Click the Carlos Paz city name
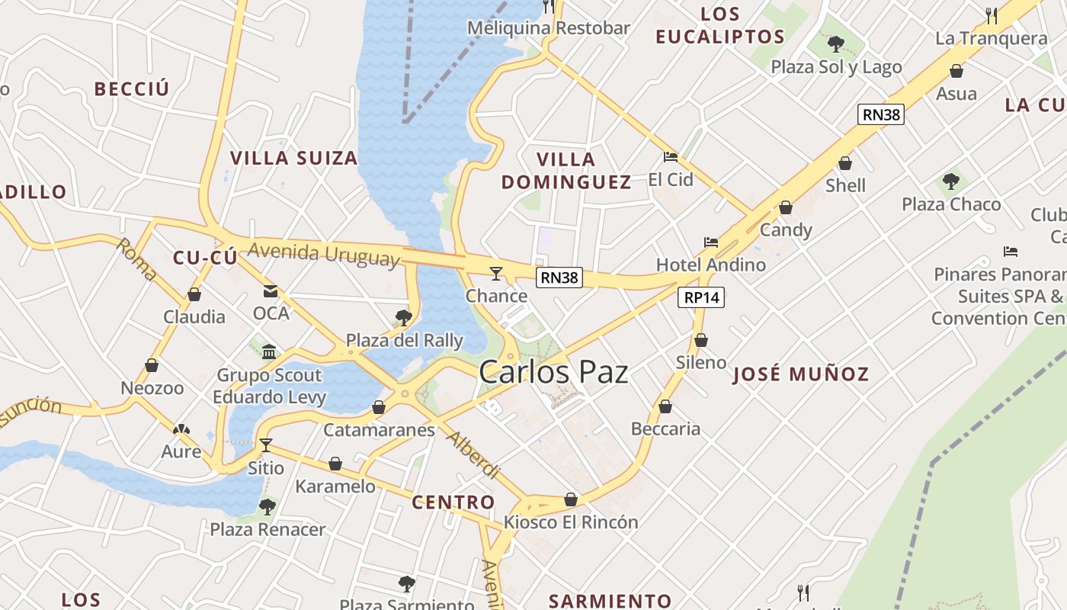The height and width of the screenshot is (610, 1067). (553, 372)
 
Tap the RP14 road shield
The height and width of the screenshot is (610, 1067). (701, 298)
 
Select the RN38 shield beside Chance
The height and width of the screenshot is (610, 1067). (559, 278)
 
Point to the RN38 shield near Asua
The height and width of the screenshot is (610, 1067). (881, 115)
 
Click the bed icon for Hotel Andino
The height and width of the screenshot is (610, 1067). (711, 242)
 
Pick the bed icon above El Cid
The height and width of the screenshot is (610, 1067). (671, 157)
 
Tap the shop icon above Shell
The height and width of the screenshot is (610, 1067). (845, 163)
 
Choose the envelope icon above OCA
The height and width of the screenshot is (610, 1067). (271, 291)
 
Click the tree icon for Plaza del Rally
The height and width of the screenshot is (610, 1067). (404, 318)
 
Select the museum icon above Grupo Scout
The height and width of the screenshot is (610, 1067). (269, 352)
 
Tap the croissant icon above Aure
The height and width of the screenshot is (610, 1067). (181, 430)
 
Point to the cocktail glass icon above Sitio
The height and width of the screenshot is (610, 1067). (266, 445)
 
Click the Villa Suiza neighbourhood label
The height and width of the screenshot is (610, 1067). (294, 159)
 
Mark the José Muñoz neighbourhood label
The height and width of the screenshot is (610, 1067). (800, 374)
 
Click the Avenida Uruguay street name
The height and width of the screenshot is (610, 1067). (323, 255)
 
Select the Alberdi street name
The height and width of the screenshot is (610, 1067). (473, 454)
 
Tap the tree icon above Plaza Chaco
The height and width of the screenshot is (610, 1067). (950, 181)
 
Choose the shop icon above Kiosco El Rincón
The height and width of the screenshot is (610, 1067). (571, 500)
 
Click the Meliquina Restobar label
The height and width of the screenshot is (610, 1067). (549, 29)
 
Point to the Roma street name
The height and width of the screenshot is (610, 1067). (137, 259)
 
